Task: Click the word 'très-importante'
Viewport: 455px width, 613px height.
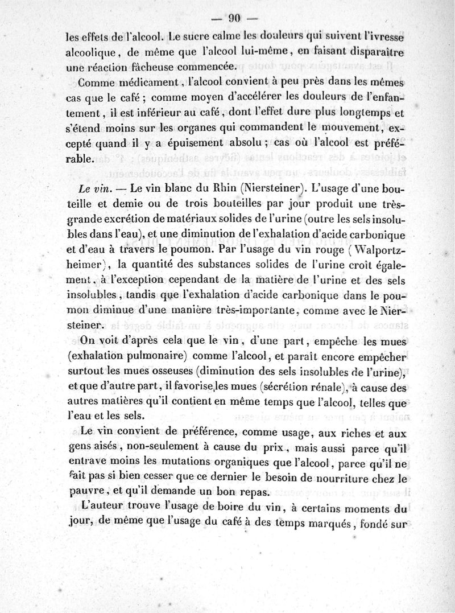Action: tap(254, 311)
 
